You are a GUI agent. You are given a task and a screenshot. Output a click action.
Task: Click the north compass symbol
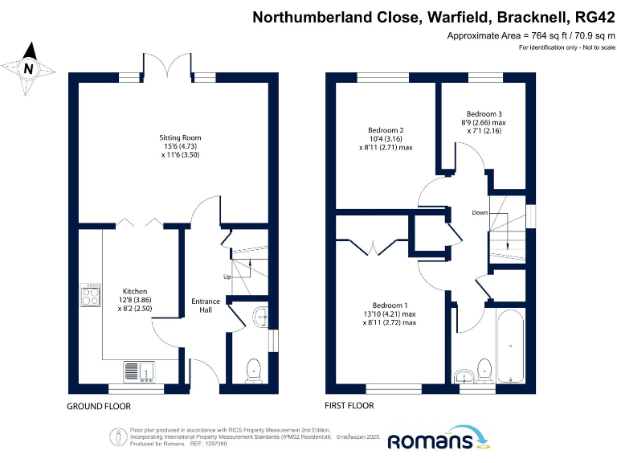pyautogui.click(x=29, y=68)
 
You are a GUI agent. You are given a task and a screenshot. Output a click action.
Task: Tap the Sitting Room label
pyautogui.click(x=179, y=138)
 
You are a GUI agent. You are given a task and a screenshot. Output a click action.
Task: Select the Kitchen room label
pyautogui.click(x=136, y=291)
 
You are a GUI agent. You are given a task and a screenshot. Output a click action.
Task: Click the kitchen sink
pyautogui.click(x=141, y=371)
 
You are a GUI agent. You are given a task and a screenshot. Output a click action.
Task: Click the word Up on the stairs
pyautogui.click(x=227, y=277)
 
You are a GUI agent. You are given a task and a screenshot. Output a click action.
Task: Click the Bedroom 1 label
pyautogui.click(x=390, y=305)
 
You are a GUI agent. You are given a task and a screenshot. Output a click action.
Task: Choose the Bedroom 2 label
pyautogui.click(x=386, y=130)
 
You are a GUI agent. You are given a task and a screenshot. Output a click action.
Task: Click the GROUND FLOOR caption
pyautogui.click(x=98, y=406)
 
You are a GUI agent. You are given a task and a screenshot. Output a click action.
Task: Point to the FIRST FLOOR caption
pyautogui.click(x=349, y=406)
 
